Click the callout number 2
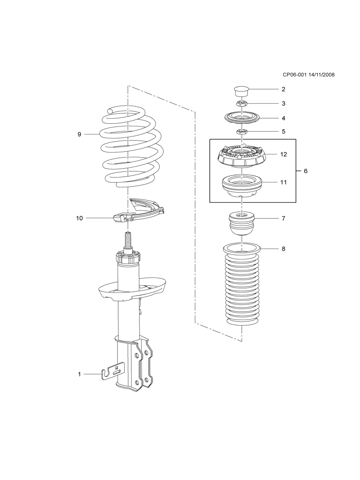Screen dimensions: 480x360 click(x=283, y=89)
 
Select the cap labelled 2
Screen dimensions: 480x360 click(x=241, y=92)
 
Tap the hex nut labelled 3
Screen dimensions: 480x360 click(x=241, y=103)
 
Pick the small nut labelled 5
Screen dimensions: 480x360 click(x=241, y=132)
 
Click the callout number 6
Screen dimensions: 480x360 click(x=305, y=171)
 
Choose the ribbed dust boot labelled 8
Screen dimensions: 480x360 click(x=241, y=285)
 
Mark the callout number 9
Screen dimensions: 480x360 click(x=79, y=134)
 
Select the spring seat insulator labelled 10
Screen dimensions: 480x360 click(x=139, y=212)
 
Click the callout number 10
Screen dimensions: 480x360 click(x=79, y=218)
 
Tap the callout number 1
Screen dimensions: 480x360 click(x=79, y=374)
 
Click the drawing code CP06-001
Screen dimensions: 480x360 click(x=295, y=75)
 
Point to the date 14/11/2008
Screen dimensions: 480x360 click(x=321, y=75)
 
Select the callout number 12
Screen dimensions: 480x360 click(x=283, y=154)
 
